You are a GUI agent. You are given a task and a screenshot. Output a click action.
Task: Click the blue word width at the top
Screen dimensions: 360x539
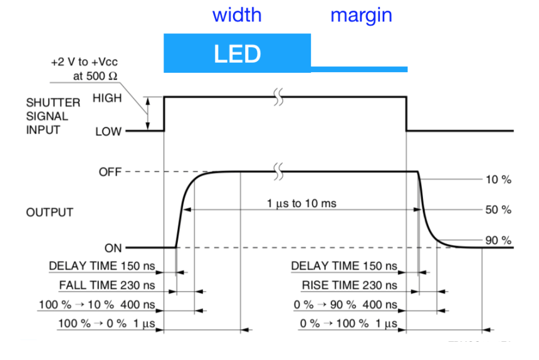pos(236,14)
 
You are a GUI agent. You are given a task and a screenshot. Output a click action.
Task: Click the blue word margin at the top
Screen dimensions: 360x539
pos(361,14)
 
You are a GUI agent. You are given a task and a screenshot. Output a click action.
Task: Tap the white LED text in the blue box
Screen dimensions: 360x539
pos(237,54)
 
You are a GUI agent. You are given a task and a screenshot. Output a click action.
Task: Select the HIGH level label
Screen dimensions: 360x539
pos(107,98)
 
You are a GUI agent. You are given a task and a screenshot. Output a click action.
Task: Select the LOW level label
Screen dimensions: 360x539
pos(108,132)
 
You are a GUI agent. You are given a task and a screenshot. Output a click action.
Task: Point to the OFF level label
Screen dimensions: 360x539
pos(110,172)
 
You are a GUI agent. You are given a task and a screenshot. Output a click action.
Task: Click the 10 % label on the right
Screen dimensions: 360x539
pos(498,180)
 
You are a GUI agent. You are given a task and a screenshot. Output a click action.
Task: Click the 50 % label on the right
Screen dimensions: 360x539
pos(498,210)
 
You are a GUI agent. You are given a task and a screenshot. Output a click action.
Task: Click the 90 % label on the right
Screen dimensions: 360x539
pos(498,240)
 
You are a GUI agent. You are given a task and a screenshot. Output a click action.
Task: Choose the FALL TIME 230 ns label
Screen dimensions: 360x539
pos(107,285)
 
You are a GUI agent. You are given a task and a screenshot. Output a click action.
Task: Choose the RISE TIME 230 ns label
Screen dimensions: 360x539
pos(349,285)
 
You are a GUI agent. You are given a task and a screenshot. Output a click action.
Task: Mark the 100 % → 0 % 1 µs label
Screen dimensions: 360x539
pos(105,324)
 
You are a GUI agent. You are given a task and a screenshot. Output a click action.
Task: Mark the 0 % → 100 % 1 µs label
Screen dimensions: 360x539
pos(347,324)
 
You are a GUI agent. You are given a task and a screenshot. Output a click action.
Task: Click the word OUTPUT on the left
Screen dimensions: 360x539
pos(50,213)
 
